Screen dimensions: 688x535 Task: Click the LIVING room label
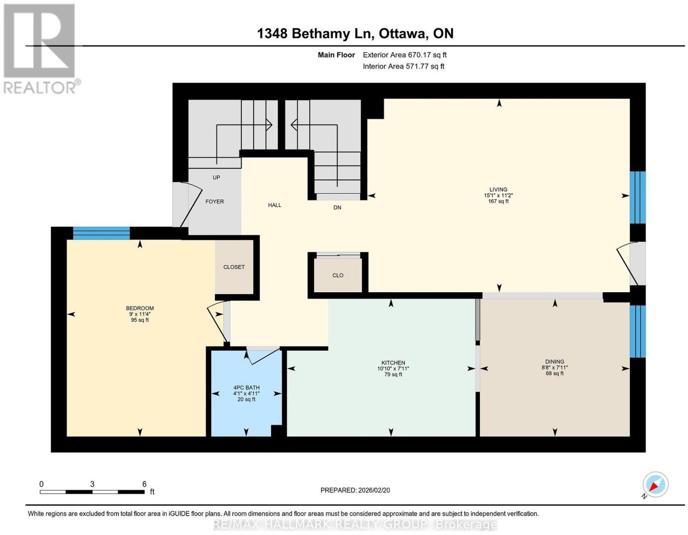click(498, 189)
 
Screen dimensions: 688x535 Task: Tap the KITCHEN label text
click(393, 363)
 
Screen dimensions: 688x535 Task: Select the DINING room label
click(554, 362)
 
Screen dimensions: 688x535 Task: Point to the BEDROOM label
click(140, 308)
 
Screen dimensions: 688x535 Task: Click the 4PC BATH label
click(246, 387)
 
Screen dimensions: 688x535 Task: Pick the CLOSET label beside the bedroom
click(233, 267)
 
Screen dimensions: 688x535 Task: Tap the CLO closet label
click(338, 275)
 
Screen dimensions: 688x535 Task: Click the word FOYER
click(214, 201)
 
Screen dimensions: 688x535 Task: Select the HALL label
click(274, 205)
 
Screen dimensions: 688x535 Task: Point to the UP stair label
click(216, 177)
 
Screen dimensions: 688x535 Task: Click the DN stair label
click(337, 207)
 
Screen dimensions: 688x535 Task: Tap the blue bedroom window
click(101, 233)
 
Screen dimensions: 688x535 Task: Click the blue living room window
click(637, 198)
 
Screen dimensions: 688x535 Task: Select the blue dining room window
click(637, 331)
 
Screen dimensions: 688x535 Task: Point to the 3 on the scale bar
click(92, 484)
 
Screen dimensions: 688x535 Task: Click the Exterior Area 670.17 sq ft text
click(404, 55)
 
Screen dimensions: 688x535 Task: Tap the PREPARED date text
click(355, 490)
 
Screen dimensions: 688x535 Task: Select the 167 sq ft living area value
click(498, 201)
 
